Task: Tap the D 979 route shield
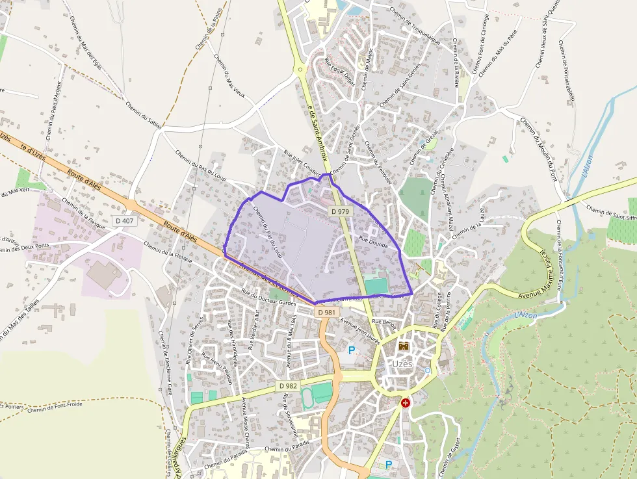click(339, 211)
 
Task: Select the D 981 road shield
click(328, 313)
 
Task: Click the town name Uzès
click(402, 364)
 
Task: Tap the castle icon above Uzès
click(403, 346)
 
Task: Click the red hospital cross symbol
click(406, 403)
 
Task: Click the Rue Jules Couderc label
click(302, 162)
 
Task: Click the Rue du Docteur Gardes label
click(268, 297)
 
